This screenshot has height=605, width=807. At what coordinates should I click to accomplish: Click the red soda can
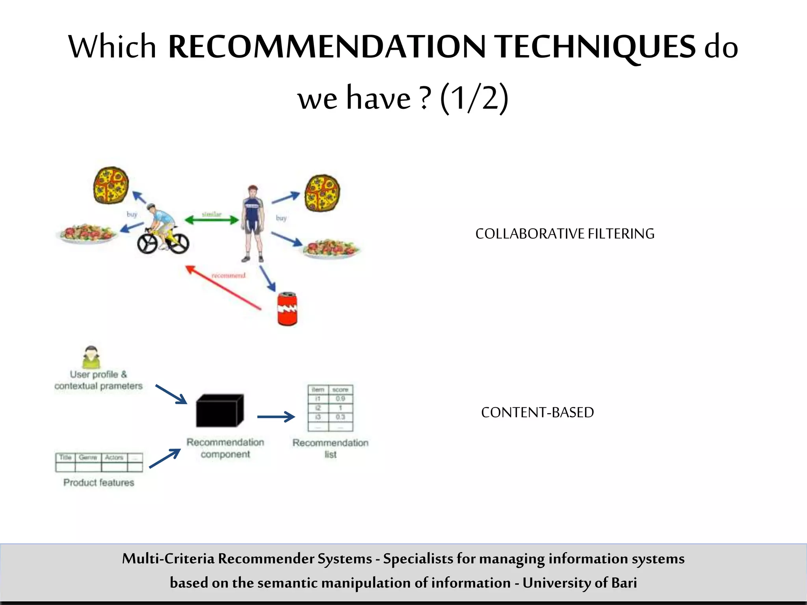pos(287,309)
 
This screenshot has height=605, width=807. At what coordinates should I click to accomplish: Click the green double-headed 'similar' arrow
pos(212,220)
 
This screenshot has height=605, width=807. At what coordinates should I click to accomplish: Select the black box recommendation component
pos(219,411)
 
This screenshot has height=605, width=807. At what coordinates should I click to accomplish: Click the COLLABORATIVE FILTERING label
pos(565,234)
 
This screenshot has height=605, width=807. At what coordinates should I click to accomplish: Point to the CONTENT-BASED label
pos(537,412)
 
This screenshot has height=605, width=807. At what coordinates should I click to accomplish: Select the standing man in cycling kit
pos(252,223)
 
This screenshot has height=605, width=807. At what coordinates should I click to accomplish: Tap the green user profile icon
pos(91,357)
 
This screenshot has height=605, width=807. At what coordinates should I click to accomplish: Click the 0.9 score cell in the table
pos(340,399)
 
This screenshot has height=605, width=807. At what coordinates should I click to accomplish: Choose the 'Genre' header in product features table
pos(88,457)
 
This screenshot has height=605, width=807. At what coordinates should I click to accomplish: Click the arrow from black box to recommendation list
pos(276,416)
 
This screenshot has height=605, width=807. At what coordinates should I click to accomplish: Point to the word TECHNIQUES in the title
pos(595,46)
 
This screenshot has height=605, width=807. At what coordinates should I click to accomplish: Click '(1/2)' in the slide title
pos(474,98)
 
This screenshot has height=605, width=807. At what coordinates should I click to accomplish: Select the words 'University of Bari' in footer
pos(579,583)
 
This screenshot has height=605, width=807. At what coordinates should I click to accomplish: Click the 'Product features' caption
pos(99,483)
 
